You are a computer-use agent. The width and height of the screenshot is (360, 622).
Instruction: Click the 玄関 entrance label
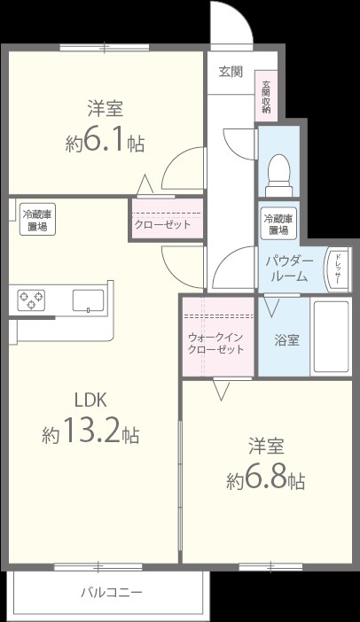(x=230, y=73)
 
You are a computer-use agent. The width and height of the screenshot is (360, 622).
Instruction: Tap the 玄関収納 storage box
(x=266, y=97)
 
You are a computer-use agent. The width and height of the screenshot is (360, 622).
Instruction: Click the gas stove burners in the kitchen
(x=31, y=300)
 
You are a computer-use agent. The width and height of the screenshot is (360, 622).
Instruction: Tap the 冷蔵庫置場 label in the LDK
(x=36, y=220)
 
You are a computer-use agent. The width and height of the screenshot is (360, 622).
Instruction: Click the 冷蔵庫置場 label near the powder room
(x=278, y=223)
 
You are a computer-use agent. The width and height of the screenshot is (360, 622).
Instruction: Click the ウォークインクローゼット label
(x=216, y=343)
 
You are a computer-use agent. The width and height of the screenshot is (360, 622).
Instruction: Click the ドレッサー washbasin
(x=337, y=267)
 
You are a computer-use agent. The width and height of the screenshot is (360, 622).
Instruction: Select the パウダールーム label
(x=288, y=268)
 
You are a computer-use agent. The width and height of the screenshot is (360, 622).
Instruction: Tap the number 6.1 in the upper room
(x=106, y=142)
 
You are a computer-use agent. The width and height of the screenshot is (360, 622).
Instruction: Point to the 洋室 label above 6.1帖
(x=105, y=109)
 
